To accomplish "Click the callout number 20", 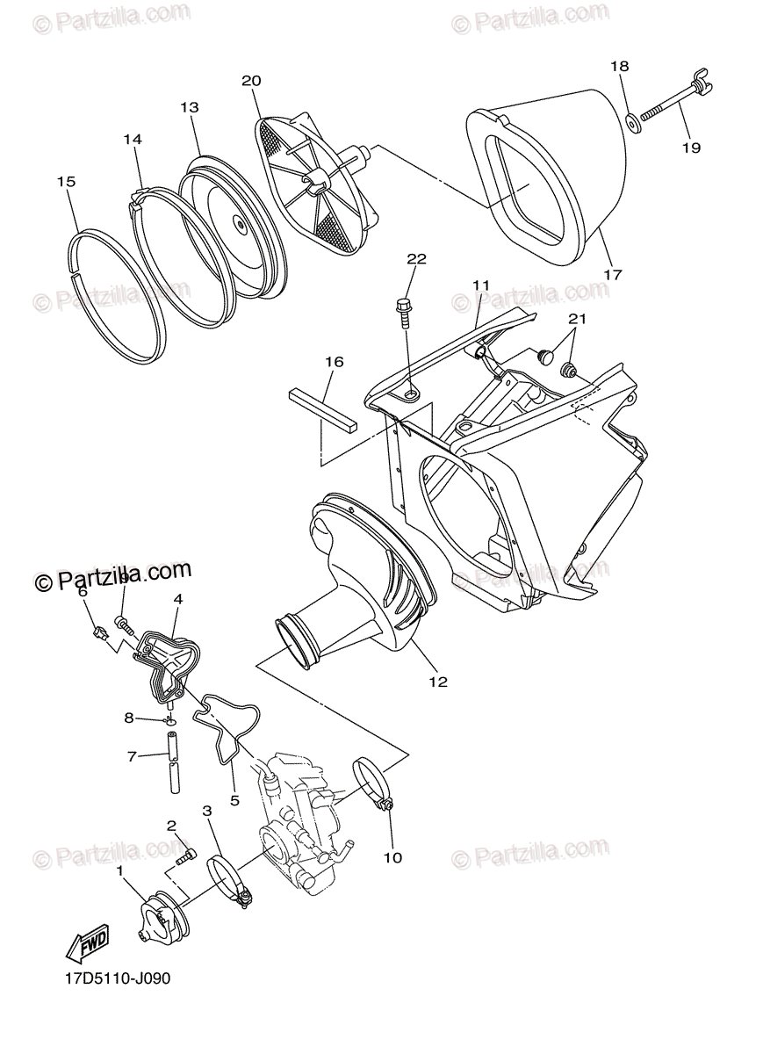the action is (x=251, y=81).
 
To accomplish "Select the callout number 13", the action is (x=190, y=107).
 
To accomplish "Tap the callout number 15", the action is (x=66, y=182).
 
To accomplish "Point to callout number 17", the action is (x=613, y=275).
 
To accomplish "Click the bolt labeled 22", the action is (x=404, y=311).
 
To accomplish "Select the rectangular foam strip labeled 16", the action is (x=323, y=406).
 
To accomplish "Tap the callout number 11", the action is (x=480, y=285).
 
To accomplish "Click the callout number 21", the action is (x=575, y=318).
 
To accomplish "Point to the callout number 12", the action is (x=438, y=681).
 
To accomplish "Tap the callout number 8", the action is (x=129, y=718).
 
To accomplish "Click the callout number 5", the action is (x=234, y=800).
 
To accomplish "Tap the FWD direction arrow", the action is (x=87, y=945).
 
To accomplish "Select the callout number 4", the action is (x=177, y=599).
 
